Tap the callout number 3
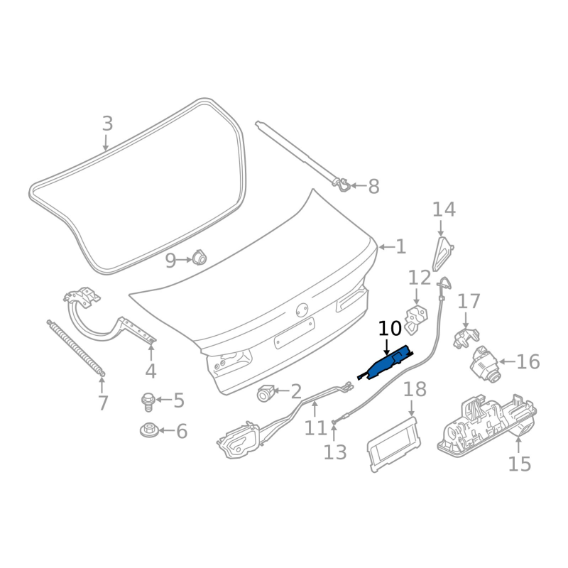coord(107,124)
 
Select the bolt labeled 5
coord(148,401)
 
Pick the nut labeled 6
coord(148,430)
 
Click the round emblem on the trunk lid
coord(302,310)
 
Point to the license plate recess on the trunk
coord(294,333)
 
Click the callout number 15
coord(520,464)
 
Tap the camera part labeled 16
coord(485,365)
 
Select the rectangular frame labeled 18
coord(394,444)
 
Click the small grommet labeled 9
coord(199,258)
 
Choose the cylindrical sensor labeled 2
coord(265,393)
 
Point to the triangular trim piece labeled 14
coord(442,255)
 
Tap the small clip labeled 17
coord(466,337)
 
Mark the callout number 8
coord(373,186)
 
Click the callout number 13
coord(335,452)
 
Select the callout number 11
coord(315,428)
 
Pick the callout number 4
coord(151,371)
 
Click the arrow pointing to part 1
coord(386,247)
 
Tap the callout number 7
coord(103,403)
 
